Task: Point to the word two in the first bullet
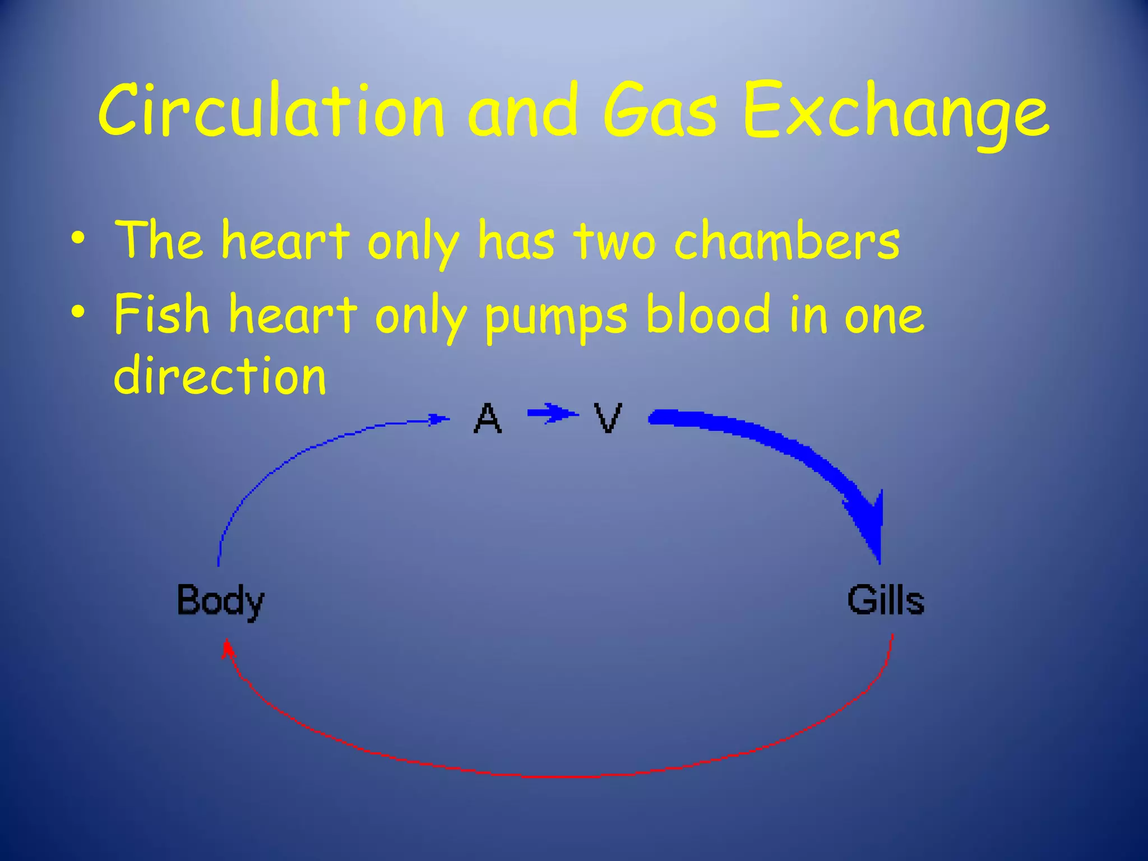[614, 242]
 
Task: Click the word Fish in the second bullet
[161, 314]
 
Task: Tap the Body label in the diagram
[220, 601]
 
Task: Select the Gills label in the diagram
[886, 600]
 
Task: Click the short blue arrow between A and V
[552, 414]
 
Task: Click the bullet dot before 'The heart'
[78, 239]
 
